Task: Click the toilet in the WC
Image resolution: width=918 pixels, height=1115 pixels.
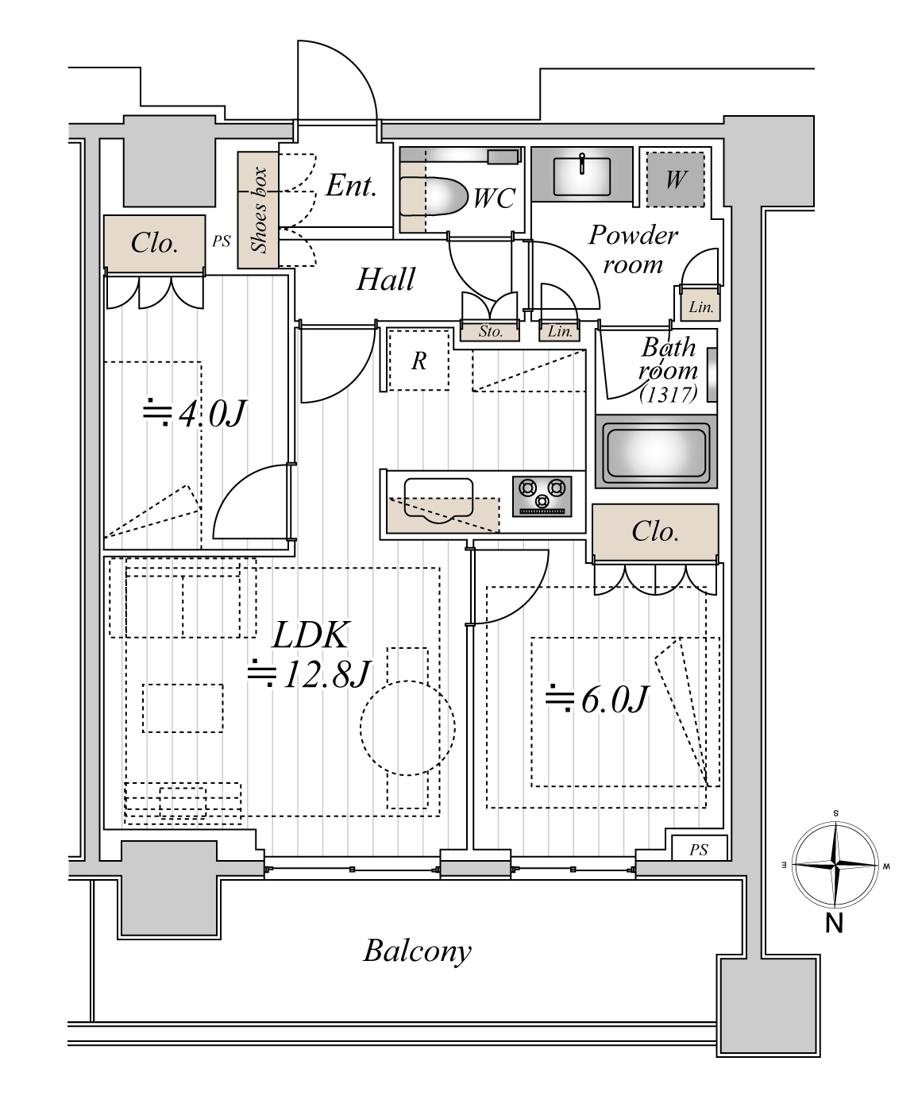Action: (x=434, y=196)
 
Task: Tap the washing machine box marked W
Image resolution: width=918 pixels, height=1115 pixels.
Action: (x=676, y=179)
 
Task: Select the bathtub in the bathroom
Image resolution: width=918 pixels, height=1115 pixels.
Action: (x=656, y=452)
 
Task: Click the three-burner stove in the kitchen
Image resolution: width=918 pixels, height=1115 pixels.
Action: (x=542, y=496)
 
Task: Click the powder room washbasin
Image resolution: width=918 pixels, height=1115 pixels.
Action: (x=581, y=174)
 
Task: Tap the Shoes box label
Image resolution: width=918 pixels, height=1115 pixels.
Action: (x=259, y=210)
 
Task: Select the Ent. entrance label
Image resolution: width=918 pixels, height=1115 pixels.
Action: (x=351, y=186)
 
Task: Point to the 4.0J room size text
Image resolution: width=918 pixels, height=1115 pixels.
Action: (x=195, y=414)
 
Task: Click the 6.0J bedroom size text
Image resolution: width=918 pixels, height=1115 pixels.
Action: (x=597, y=700)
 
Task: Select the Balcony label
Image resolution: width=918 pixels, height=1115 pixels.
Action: (x=417, y=951)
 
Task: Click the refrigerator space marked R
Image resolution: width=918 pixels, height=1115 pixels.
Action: (x=418, y=361)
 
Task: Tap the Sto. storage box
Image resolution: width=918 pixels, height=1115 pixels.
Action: (x=490, y=331)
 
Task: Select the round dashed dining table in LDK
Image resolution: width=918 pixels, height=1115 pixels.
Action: (x=407, y=728)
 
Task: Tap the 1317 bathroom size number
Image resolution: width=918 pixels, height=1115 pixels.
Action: (x=669, y=395)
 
